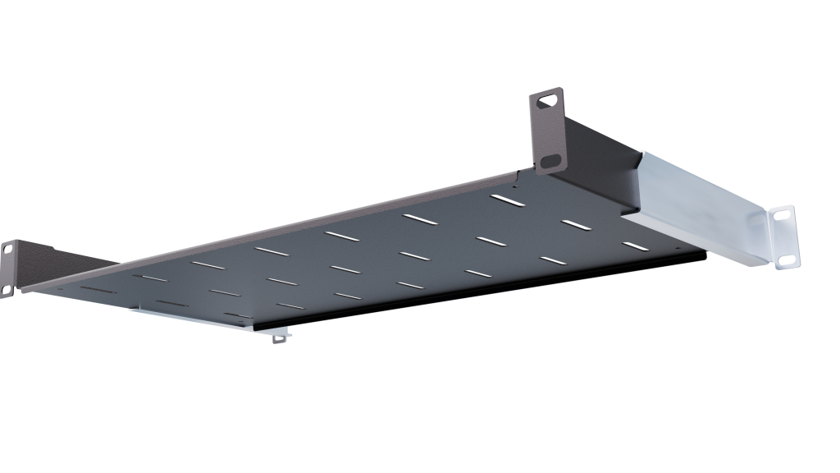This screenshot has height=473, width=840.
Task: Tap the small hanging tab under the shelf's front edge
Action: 281,336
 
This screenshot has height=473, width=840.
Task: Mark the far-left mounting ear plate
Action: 8,267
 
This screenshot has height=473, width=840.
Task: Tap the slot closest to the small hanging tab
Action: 287,306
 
